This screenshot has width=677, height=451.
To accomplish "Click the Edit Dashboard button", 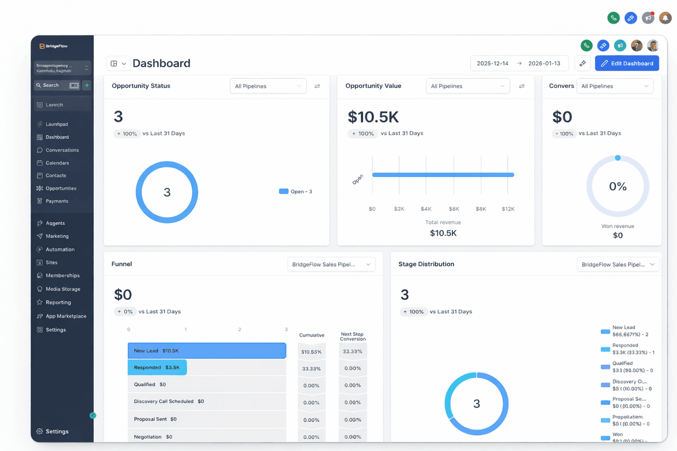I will [627, 64].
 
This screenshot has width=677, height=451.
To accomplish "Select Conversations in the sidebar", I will [62, 151].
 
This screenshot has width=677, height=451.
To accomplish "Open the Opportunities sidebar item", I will [61, 188].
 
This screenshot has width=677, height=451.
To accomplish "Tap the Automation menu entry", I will [60, 250].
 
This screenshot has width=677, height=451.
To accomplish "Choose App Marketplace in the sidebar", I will [65, 316].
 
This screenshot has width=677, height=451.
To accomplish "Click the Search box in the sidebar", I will [56, 86].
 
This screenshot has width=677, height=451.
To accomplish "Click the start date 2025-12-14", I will [493, 64].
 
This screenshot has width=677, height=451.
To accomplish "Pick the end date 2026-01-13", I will [544, 64].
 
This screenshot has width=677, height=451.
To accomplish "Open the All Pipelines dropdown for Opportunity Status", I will [268, 86].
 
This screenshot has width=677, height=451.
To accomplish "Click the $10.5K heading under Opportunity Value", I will [373, 117].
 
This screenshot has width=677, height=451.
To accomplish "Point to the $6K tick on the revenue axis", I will [454, 209].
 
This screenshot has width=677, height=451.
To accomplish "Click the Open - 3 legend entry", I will [296, 192].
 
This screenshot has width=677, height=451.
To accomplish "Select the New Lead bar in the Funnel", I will [206, 351].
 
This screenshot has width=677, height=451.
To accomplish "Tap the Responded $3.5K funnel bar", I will [157, 368].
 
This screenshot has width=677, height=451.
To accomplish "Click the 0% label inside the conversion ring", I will [618, 187].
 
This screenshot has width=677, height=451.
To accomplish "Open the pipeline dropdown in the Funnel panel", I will [331, 264].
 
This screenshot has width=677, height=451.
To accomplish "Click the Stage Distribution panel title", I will [426, 264].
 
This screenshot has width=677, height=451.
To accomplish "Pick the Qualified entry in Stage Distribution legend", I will [623, 364].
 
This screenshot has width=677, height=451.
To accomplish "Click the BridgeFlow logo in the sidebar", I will [54, 46].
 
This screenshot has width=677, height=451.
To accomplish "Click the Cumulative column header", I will [311, 335].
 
